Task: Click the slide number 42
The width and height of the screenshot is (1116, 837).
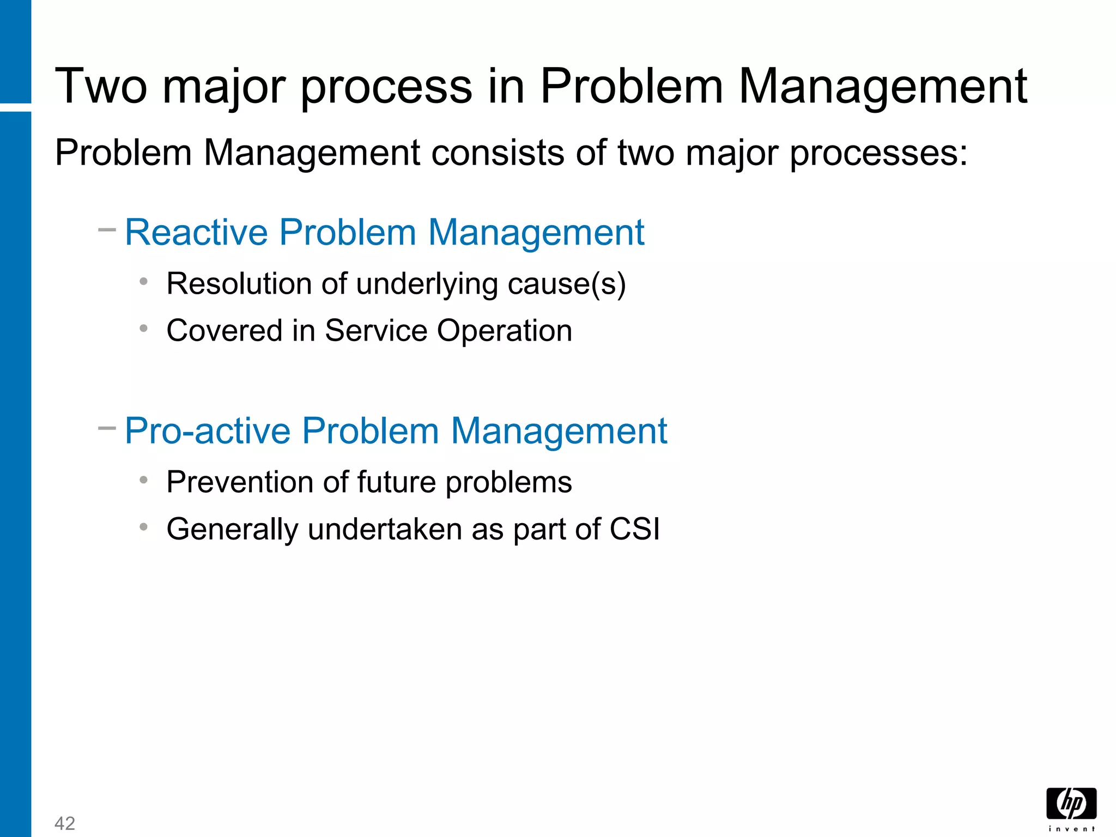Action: click(65, 823)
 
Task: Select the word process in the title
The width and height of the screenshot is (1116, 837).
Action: click(386, 87)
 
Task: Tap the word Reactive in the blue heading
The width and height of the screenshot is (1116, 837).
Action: click(196, 233)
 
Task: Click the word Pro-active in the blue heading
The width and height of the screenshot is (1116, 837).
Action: click(208, 431)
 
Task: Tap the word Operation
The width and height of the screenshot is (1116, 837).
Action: click(505, 331)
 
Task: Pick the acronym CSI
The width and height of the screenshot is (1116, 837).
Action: click(635, 529)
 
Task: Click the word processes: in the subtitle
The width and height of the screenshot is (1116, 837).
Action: click(878, 154)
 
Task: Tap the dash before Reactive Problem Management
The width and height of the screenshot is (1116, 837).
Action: click(107, 230)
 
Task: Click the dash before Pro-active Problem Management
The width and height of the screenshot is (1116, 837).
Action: click(107, 428)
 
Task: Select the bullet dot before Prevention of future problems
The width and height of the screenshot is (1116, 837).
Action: click(144, 480)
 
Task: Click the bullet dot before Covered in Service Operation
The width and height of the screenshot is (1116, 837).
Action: click(144, 329)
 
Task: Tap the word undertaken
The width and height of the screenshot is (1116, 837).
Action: click(385, 529)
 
